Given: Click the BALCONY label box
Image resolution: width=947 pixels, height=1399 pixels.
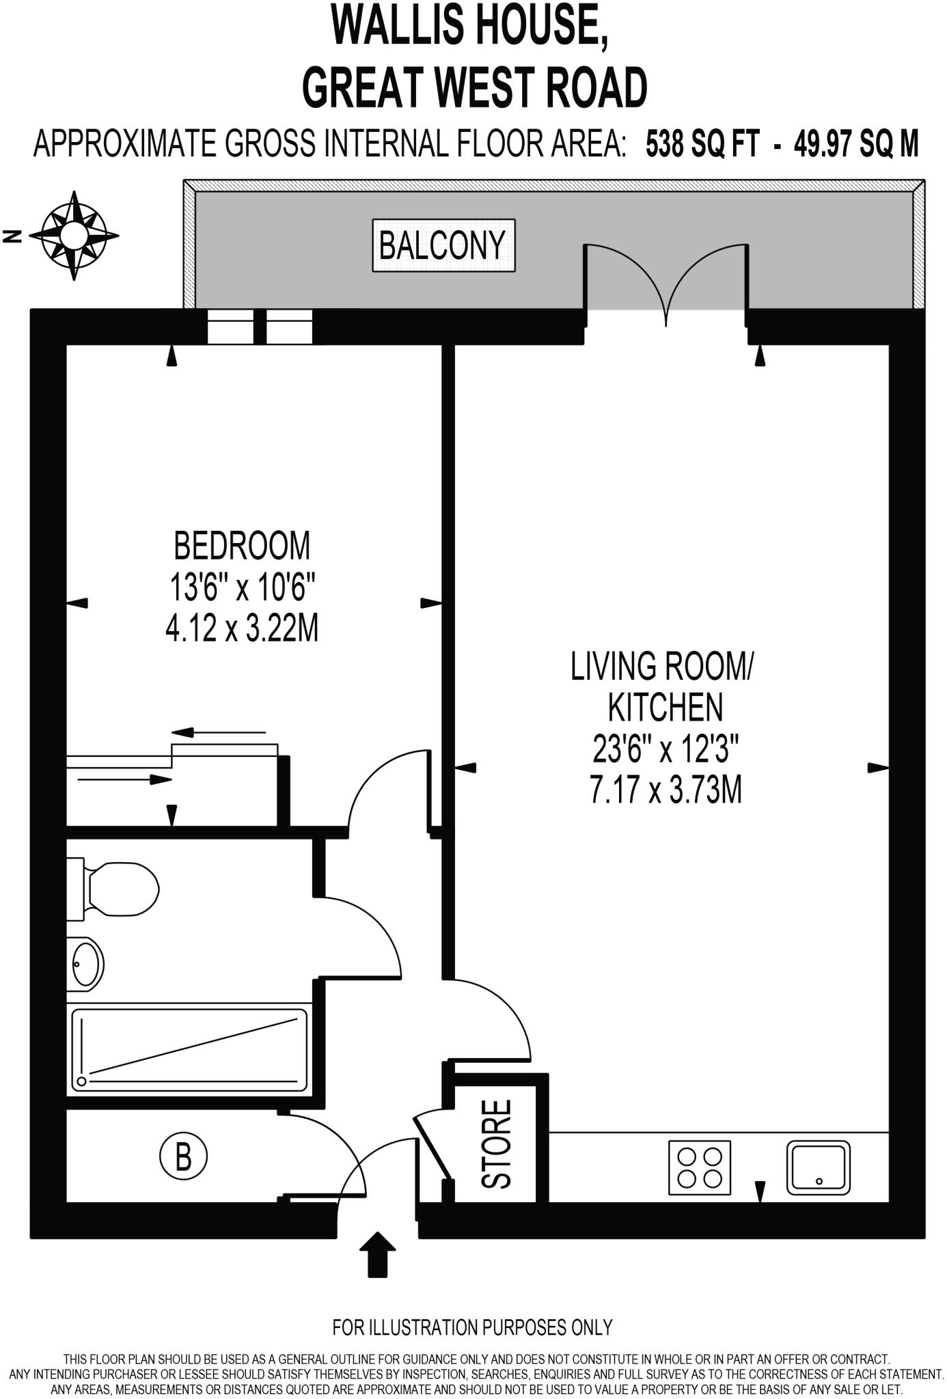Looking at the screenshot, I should tap(443, 245).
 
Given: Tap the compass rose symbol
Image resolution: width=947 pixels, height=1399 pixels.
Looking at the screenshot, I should tap(74, 236).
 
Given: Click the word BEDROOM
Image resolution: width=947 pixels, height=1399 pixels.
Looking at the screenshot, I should tap(242, 546).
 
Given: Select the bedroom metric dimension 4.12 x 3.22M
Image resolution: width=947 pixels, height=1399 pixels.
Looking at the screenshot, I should tap(242, 628).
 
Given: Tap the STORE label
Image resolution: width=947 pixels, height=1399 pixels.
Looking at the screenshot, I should tap(497, 1144).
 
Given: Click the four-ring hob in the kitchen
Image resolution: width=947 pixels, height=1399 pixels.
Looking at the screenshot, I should tap(699, 1167).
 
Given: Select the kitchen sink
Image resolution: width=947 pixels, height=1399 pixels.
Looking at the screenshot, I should tap(818, 1167).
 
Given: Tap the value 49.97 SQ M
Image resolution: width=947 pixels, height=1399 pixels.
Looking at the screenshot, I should tap(855, 144).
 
